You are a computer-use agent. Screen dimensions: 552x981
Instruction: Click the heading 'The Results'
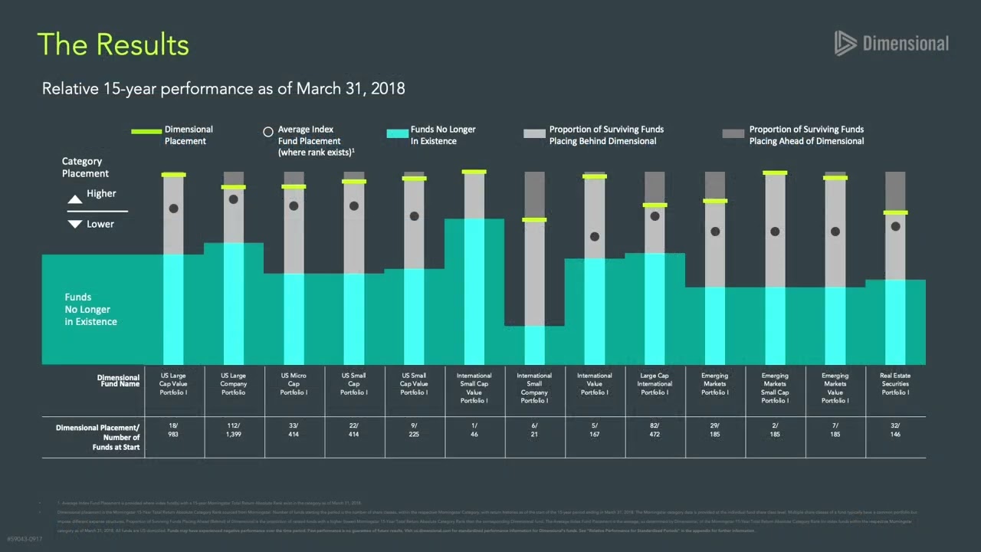coord(113,44)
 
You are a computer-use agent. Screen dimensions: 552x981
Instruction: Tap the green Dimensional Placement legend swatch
coord(146,132)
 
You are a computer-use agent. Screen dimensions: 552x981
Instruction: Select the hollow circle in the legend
coord(268,132)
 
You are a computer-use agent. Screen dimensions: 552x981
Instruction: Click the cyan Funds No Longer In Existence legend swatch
coord(397,133)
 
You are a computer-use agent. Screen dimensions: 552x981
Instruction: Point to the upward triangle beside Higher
coord(75,199)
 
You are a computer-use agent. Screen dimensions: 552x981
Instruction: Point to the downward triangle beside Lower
coord(75,224)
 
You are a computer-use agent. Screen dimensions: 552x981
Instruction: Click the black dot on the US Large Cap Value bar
coord(174,209)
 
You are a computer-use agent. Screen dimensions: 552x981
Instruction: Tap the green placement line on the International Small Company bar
coord(534,220)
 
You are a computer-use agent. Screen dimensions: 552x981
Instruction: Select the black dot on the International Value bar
coord(595,237)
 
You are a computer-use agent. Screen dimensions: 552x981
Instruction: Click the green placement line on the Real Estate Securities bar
coord(895,212)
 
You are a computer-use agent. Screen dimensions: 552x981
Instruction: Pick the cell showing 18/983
coord(174,429)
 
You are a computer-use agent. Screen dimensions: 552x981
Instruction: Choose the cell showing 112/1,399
coord(234,429)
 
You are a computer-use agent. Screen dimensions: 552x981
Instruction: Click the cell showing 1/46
coord(474,429)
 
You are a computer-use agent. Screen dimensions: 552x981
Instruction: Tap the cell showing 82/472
coord(655,429)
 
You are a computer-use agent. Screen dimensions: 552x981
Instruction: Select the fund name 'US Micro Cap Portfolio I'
coord(294,384)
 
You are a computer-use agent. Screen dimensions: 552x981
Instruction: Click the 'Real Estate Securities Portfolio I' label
coord(895,384)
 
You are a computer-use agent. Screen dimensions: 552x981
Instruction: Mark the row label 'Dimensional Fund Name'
coord(118,380)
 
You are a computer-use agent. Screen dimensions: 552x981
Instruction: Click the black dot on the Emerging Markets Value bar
coord(835,232)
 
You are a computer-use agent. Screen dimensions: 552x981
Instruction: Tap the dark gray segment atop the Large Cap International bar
coord(655,188)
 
